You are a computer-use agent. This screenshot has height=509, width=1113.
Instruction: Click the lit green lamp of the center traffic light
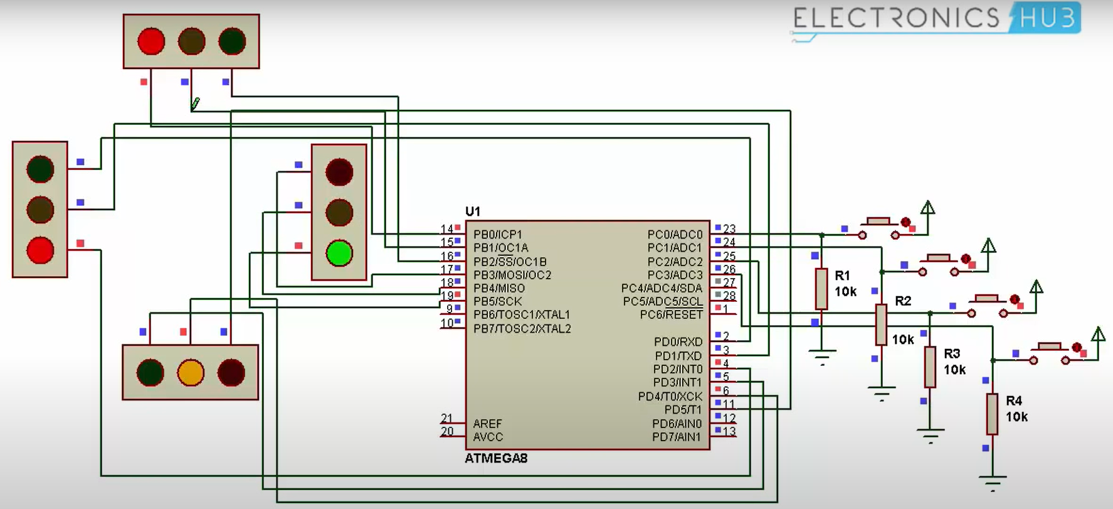point(339,254)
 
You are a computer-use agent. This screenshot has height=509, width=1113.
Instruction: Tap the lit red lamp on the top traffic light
point(151,41)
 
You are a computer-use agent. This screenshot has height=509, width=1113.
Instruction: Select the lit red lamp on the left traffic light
point(40,250)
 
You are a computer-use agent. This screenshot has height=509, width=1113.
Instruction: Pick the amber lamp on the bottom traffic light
point(191,372)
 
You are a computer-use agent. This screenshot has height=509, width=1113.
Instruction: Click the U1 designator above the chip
point(473,212)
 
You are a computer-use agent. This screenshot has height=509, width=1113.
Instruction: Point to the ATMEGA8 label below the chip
point(496,459)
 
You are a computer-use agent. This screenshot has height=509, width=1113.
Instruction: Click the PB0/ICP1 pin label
point(498,235)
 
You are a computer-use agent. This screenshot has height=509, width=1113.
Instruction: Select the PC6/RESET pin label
point(671,314)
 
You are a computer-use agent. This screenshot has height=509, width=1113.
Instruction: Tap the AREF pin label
point(487,424)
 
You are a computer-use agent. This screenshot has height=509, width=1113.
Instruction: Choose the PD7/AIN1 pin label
point(677,437)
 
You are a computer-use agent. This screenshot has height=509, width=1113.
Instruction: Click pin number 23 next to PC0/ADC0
point(729,229)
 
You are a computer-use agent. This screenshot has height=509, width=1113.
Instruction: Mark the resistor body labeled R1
point(821,289)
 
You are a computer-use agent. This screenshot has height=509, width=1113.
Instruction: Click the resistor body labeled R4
point(992,414)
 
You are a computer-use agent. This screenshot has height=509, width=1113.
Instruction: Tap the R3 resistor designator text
point(952,354)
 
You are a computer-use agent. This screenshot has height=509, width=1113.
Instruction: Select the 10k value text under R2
point(903,340)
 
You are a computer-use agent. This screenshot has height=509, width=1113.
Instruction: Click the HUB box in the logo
point(1047,18)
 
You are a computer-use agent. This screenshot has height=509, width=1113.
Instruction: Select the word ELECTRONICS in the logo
point(896,18)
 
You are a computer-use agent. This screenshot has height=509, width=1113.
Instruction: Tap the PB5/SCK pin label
point(498,301)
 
